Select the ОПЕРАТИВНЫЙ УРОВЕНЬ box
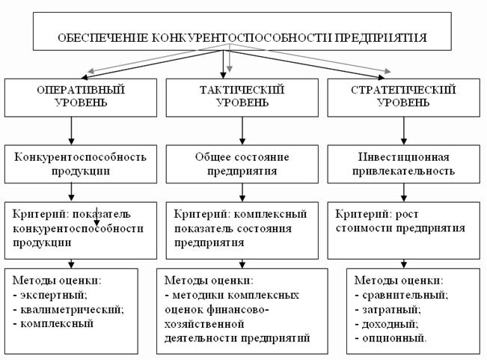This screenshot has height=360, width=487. point(70,96)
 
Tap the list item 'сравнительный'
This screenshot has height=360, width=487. point(407,295)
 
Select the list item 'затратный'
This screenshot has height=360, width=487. point(396,309)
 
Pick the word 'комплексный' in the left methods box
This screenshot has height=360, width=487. point(55,323)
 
